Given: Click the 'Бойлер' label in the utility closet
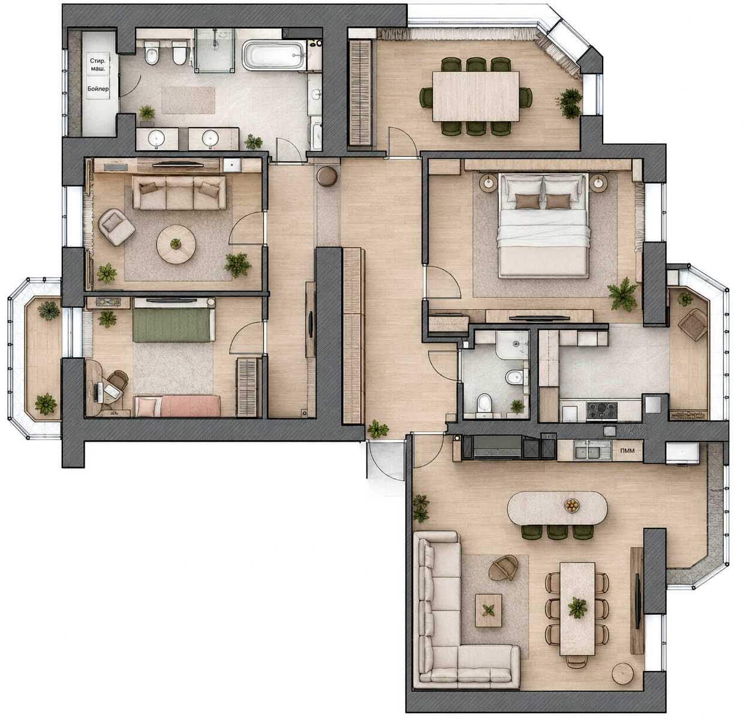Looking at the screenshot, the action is (98, 89).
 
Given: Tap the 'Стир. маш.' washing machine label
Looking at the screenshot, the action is (98, 65).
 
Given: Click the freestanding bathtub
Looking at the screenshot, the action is (273, 55).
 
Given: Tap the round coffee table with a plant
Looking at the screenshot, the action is (176, 244).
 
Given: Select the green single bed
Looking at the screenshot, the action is (173, 325).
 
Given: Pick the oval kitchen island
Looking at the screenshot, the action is (558, 508).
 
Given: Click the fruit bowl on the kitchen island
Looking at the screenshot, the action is (571, 505).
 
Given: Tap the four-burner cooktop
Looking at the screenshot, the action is (601, 411).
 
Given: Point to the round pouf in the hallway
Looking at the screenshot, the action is (327, 176).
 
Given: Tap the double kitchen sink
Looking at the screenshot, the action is (592, 450).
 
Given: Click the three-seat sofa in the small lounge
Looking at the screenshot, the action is (179, 192).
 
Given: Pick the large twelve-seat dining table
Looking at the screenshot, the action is (476, 96).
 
